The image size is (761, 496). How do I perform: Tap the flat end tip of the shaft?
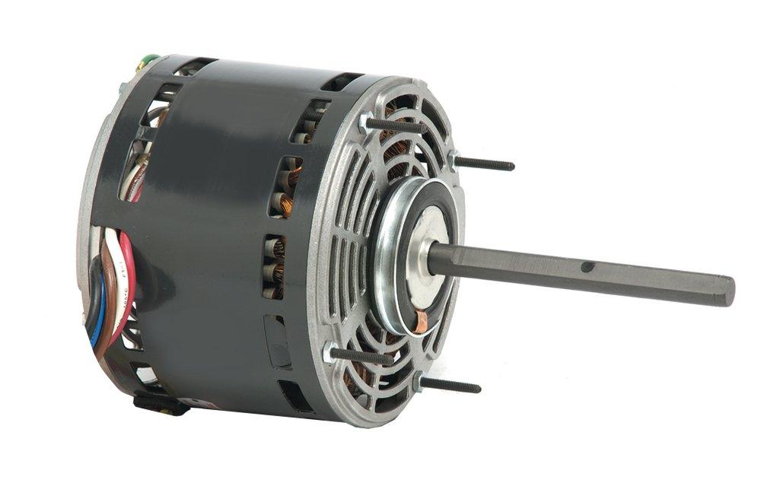[728, 291]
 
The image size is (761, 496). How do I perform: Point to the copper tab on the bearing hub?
[420, 319]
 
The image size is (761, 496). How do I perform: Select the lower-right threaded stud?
[454, 386]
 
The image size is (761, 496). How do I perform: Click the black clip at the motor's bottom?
[160, 404]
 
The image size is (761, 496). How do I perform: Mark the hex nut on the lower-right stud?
[418, 380]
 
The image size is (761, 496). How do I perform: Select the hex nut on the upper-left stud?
[368, 119]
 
